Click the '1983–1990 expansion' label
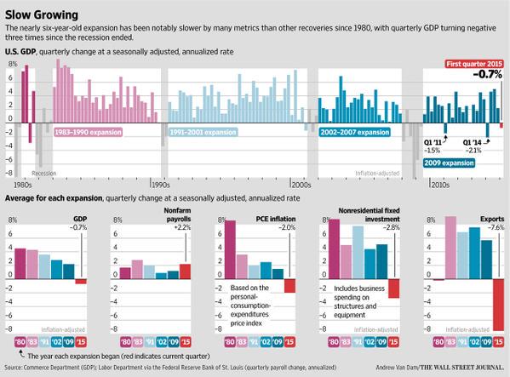pyautogui.click(x=89, y=133)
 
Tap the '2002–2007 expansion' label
pyautogui.click(x=356, y=133)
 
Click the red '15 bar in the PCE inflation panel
pyautogui.click(x=289, y=286)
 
